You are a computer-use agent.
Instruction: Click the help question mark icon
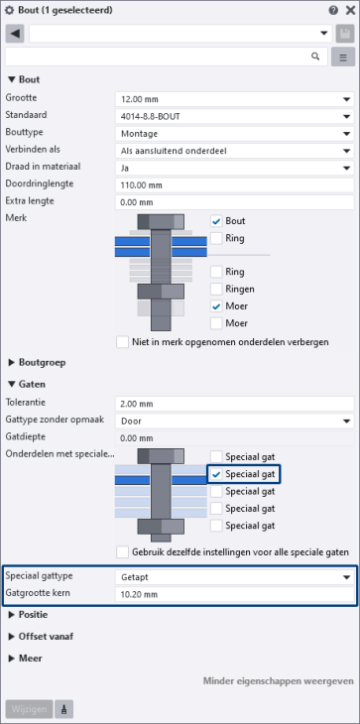(333, 10)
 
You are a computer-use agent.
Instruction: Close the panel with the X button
(349, 10)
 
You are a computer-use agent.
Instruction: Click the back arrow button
(15, 34)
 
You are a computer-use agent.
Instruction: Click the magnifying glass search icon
(315, 57)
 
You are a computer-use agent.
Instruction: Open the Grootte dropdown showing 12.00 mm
(234, 99)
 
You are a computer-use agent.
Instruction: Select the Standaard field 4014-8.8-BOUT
(234, 117)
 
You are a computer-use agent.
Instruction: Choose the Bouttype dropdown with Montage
(234, 134)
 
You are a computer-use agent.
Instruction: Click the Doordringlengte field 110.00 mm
(234, 185)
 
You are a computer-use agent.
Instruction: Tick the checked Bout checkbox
(216, 221)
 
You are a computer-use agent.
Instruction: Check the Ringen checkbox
(216, 289)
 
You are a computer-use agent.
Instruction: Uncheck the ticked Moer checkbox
(216, 306)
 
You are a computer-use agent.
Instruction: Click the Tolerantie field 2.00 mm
(234, 404)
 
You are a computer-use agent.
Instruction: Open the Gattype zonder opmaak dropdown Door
(234, 422)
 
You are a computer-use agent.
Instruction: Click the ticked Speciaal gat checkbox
(216, 474)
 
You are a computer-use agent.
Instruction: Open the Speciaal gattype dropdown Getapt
(234, 577)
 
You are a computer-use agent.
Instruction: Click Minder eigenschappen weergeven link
(279, 681)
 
